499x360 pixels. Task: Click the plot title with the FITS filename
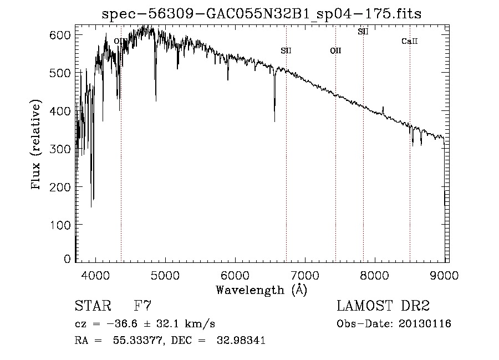pyautogui.click(x=262, y=14)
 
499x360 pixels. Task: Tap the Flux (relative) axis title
pyautogui.click(x=37, y=145)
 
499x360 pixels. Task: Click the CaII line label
pyautogui.click(x=409, y=42)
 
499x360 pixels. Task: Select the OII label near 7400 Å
pyautogui.click(x=335, y=51)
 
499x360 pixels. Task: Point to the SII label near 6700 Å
pyautogui.click(x=286, y=51)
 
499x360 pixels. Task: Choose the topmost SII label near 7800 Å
pyautogui.click(x=363, y=32)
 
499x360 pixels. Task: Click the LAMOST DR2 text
pyautogui.click(x=383, y=306)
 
